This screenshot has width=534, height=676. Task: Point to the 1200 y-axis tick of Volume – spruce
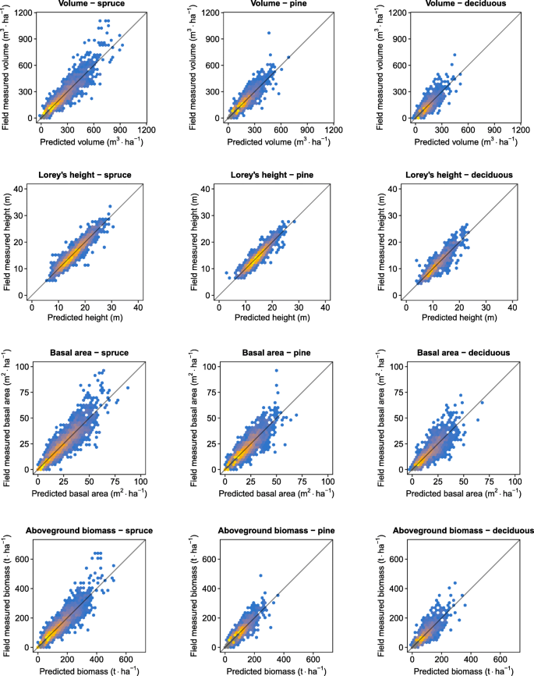pyautogui.click(x=19, y=13)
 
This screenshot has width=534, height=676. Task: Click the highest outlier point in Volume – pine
pyautogui.click(x=269, y=33)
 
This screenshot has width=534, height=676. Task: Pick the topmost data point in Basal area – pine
pyautogui.click(x=275, y=370)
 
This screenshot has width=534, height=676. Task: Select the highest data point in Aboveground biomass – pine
pyautogui.click(x=260, y=576)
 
